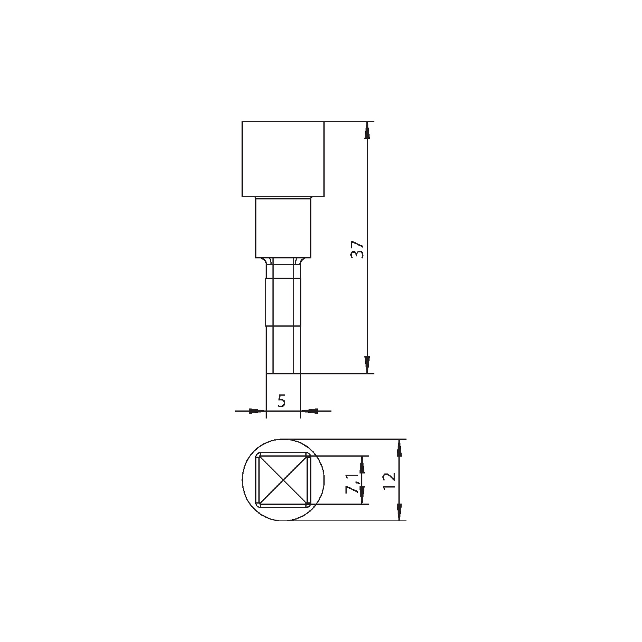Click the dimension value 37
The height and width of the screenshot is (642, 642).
(357, 250)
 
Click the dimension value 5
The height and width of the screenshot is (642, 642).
(282, 401)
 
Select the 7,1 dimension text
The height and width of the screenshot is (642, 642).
(353, 483)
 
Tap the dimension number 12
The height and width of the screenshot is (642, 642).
(390, 480)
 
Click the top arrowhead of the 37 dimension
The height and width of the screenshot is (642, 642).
(367, 130)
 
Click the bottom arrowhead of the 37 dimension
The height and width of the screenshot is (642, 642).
(367, 364)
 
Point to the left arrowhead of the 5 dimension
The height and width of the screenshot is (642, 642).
(257, 411)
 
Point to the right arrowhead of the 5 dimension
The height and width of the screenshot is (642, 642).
(309, 411)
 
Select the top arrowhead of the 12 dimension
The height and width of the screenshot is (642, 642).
(399, 448)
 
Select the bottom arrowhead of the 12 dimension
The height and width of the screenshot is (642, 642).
(399, 512)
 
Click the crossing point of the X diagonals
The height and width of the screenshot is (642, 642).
(283, 480)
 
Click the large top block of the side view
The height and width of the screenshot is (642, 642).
(283, 158)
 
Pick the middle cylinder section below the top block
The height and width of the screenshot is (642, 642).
(283, 229)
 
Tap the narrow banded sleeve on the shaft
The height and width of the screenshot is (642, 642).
(283, 301)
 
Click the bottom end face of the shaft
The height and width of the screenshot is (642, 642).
(283, 373)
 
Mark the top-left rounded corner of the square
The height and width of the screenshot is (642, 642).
(259, 455)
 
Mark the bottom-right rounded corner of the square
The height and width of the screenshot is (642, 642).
(307, 504)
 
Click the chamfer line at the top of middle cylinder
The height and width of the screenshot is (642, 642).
(283, 198)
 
